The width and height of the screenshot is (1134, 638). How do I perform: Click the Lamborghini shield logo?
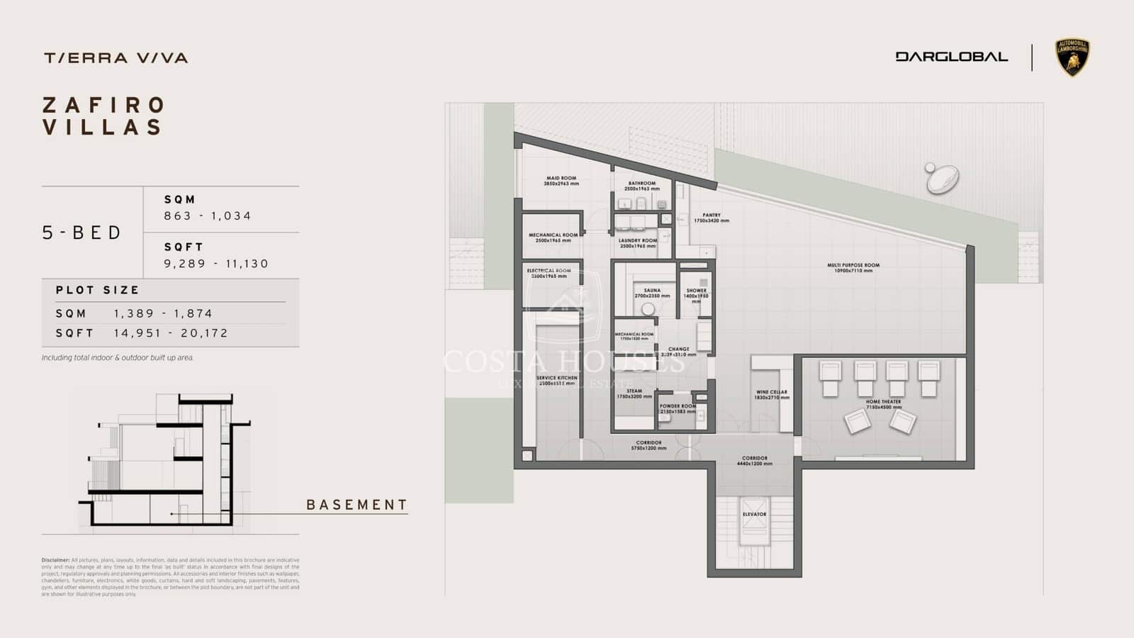1072,57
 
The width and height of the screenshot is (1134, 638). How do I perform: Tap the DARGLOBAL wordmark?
951,57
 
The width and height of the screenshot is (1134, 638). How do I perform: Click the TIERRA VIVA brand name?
116,58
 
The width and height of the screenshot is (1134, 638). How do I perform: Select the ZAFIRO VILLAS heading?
103,116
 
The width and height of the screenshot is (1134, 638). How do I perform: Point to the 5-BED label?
82,233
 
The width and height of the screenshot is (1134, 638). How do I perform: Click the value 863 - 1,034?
208,216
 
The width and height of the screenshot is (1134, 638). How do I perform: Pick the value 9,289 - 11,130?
216,264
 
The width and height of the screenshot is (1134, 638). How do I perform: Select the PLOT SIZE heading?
98,290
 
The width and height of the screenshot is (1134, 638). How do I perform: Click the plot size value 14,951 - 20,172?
171,333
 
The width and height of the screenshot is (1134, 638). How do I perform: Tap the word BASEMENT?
357,505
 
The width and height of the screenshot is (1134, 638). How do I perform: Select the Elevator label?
754,515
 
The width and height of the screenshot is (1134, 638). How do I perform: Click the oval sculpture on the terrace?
943,179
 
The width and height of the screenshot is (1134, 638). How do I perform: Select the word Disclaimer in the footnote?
55,560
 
